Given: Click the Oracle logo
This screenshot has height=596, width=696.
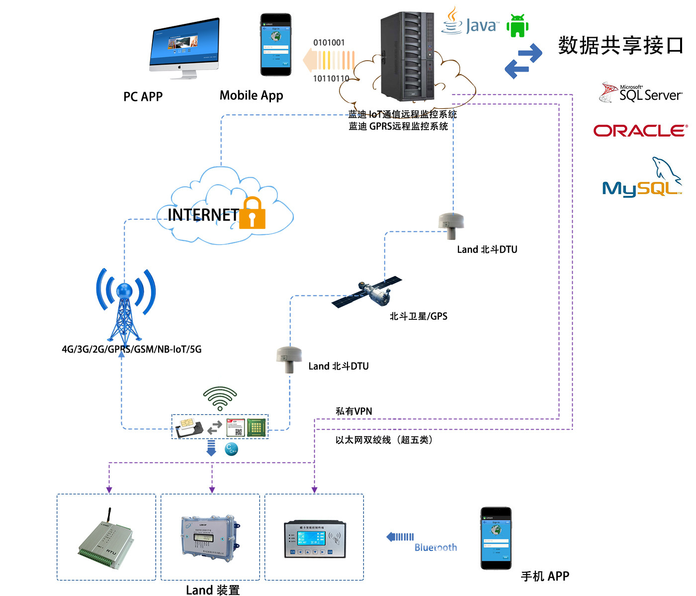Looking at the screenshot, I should tap(640, 131).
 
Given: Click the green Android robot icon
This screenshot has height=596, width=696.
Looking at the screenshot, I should tap(518, 25).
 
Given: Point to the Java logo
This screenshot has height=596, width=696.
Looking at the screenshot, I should tap(470, 22).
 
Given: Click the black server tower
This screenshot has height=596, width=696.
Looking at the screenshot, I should tap(407, 56).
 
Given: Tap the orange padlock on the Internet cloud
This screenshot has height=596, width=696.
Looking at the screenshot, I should tap(253, 213).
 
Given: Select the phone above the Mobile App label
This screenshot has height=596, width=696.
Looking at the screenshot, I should tap(275, 45).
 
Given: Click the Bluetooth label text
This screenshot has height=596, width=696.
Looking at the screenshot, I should tap(435, 547).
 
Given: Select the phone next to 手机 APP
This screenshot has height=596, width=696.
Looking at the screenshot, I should tap(496, 538).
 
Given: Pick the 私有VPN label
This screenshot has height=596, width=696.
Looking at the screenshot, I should tap(353, 411).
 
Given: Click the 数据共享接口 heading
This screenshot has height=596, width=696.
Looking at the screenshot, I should tap(620, 46).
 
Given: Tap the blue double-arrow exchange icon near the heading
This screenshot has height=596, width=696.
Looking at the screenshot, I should tap(523, 61).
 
